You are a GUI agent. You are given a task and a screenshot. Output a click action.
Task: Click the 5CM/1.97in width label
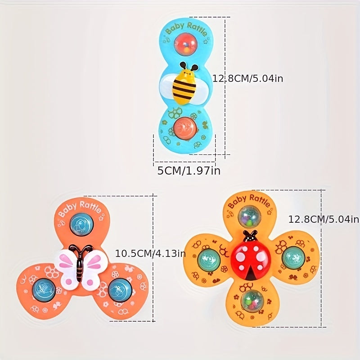click(x=189, y=171)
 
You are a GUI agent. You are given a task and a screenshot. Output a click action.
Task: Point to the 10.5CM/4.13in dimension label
click(x=150, y=253)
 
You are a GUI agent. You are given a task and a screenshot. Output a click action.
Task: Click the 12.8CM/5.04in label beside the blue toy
click(x=248, y=78)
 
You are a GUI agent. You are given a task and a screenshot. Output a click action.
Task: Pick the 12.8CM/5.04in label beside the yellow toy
click(x=324, y=220)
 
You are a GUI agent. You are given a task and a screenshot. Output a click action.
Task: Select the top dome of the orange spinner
click(x=82, y=224)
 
